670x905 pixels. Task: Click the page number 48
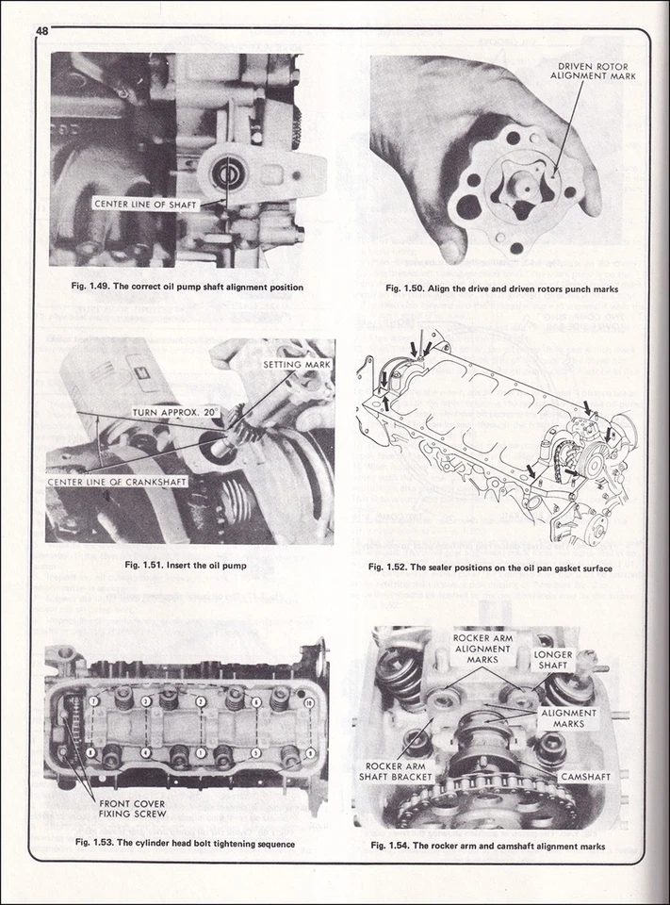pyautogui.click(x=42, y=31)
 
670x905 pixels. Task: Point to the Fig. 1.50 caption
pyautogui.click(x=501, y=289)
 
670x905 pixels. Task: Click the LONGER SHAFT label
pyautogui.click(x=553, y=660)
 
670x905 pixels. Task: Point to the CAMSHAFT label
pyautogui.click(x=584, y=777)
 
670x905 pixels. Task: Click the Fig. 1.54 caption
pyautogui.click(x=501, y=846)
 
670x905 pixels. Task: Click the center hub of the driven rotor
pyautogui.click(x=518, y=185)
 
